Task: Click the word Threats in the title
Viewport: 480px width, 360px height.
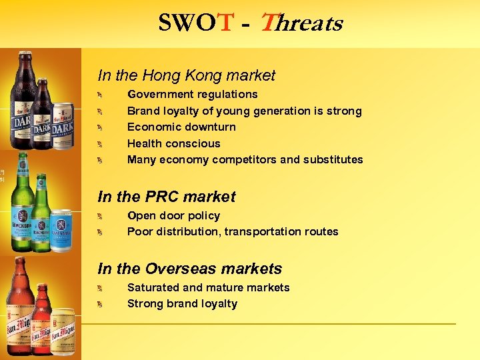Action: pyautogui.click(x=301, y=24)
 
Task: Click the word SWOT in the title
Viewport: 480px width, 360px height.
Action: pyautogui.click(x=196, y=24)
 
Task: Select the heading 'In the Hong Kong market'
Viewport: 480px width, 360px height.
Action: pyautogui.click(x=186, y=76)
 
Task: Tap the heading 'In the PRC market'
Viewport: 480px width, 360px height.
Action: pyautogui.click(x=166, y=197)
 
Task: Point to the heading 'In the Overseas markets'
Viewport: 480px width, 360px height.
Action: pyautogui.click(x=189, y=269)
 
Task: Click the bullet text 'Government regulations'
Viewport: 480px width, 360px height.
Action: pyautogui.click(x=192, y=95)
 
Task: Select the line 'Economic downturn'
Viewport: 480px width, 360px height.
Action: pyautogui.click(x=181, y=127)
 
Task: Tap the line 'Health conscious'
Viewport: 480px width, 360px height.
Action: pyautogui.click(x=173, y=143)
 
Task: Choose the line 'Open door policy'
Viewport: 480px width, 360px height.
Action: pyautogui.click(x=173, y=215)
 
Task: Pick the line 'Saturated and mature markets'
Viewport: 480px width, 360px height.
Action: pyautogui.click(x=208, y=287)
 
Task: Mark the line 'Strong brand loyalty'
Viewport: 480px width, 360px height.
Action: pyautogui.click(x=182, y=303)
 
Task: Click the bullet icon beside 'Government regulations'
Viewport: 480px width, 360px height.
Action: pyautogui.click(x=97, y=95)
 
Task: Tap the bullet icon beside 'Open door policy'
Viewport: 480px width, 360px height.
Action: pyautogui.click(x=97, y=216)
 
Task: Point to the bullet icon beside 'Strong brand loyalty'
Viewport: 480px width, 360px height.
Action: pyautogui.click(x=97, y=305)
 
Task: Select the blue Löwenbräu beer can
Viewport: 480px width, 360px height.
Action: pyautogui.click(x=60, y=230)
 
